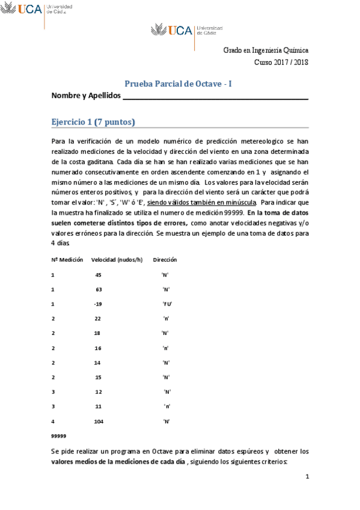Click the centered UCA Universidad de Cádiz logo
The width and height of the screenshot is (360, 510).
coord(186,30)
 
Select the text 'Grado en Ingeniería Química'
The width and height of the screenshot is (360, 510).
coord(266,51)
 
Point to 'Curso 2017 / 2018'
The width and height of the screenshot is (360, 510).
coord(281,62)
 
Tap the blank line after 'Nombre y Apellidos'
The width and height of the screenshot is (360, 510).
coord(215,97)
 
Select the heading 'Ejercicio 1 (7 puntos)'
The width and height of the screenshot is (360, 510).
coord(93,122)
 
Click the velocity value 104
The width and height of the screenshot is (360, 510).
coord(99,422)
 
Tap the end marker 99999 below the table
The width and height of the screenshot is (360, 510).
coord(59,435)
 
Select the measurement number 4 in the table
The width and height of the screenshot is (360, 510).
coord(53,422)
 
